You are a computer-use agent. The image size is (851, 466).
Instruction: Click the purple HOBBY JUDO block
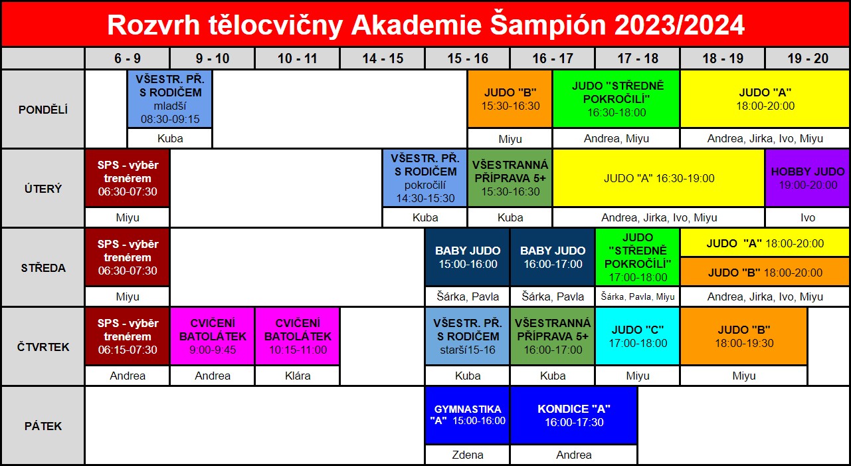pos(807,178)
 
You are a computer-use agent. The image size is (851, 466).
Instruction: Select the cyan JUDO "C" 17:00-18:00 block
pos(638,336)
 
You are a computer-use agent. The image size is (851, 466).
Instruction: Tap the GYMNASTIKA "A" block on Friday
pos(467,415)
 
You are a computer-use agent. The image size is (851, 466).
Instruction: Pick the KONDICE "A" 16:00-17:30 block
pos(574,415)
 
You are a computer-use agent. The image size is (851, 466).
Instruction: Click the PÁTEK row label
pos(43,426)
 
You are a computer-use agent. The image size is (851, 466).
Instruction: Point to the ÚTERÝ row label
pos(43,189)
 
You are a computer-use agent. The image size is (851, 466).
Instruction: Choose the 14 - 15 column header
pos(383,58)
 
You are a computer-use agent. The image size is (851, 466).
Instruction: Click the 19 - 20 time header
pos(807,58)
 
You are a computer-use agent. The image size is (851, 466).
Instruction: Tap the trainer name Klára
pos(298,376)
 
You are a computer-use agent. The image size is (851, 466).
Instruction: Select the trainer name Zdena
pos(467,455)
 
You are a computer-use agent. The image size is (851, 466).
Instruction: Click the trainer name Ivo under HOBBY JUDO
pos(807,217)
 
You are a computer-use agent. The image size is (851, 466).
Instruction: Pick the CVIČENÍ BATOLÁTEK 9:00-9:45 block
pos(213,336)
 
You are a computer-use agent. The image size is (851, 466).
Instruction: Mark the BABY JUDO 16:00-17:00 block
pos(553,257)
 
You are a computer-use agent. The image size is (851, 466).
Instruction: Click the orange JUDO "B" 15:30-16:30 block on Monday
pos(510,99)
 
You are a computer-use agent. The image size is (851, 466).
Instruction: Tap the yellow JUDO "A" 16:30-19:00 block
pos(659,178)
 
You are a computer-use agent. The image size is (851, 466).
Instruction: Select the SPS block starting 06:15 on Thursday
pos(128,336)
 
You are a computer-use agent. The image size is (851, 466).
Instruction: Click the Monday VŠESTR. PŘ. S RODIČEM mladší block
pos(170,99)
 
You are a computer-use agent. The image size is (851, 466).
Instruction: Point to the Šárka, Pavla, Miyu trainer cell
pos(638,296)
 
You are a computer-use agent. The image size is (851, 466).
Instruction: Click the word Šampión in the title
pos(549,25)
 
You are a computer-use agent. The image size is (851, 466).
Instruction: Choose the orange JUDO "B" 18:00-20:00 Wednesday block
pos(765,272)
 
